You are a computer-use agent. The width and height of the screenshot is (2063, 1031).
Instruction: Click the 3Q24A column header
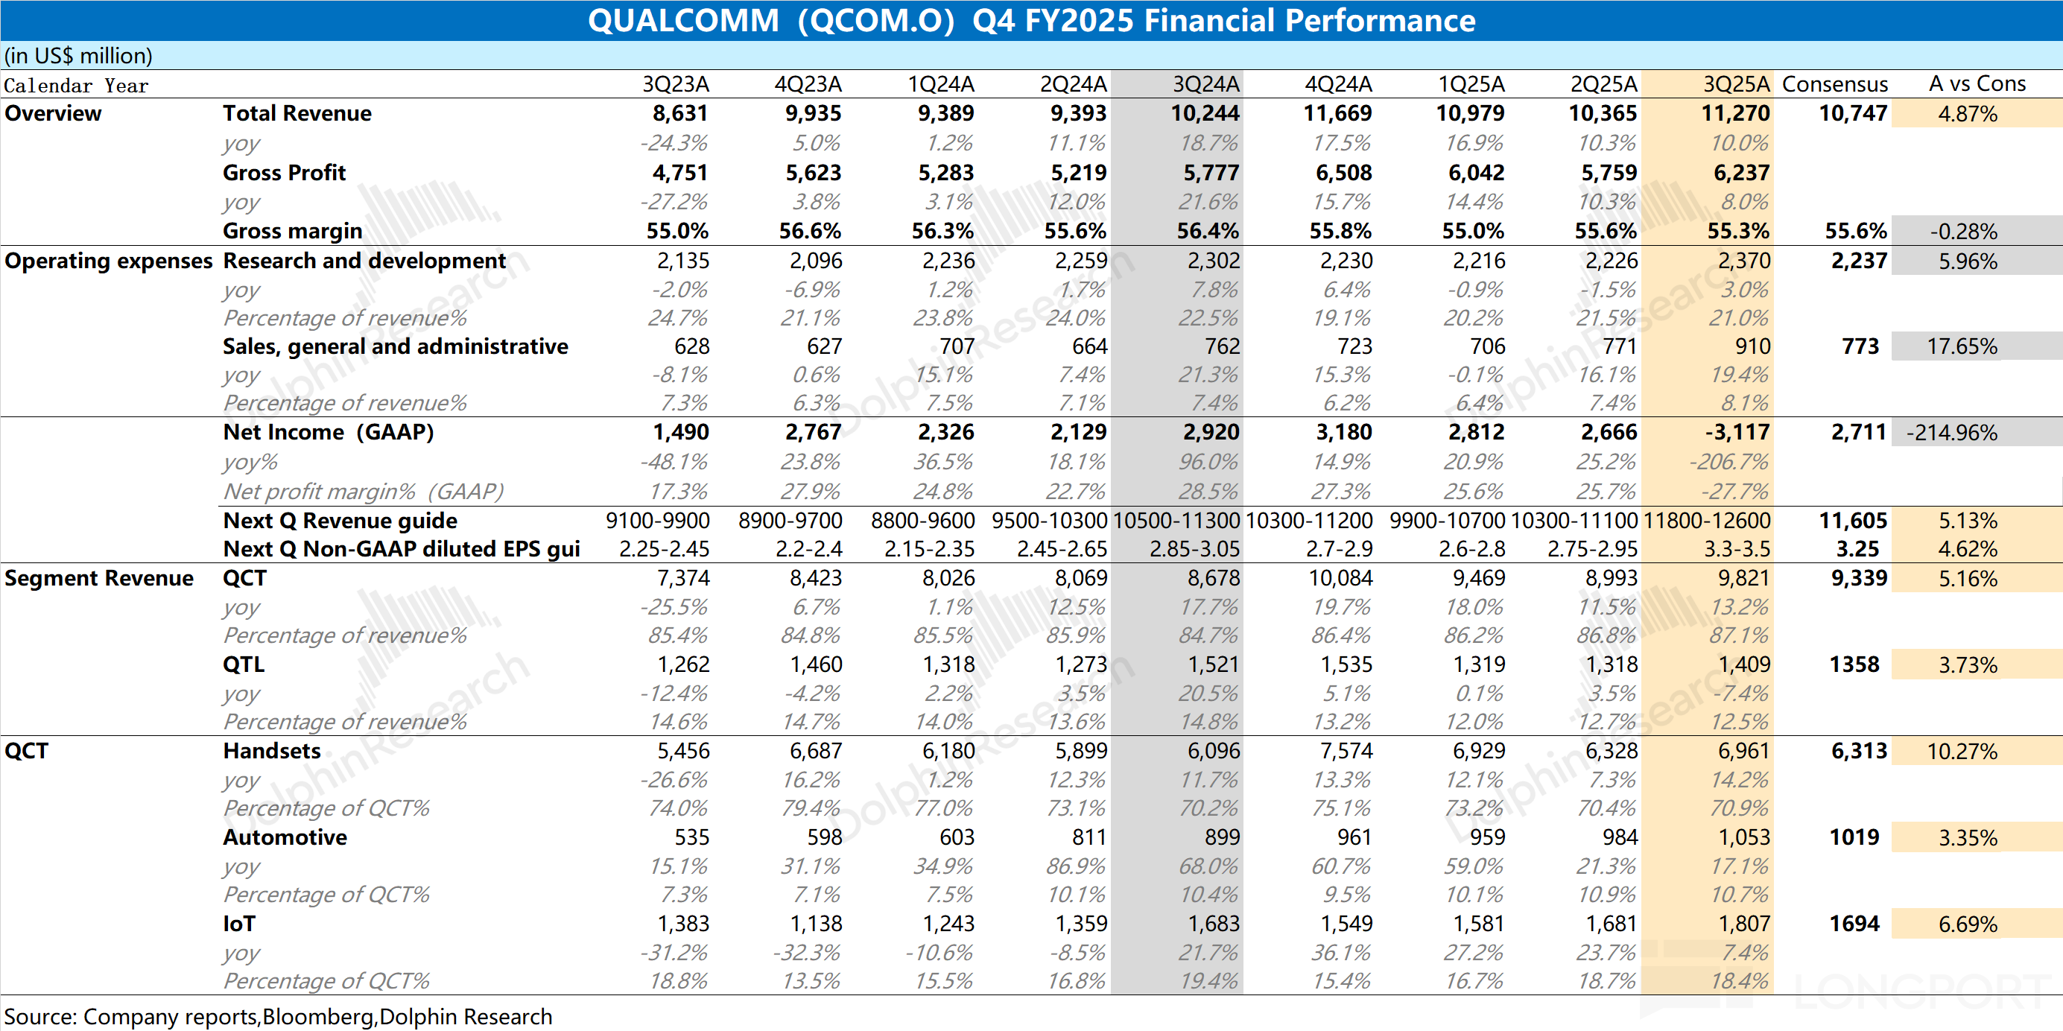(1205, 84)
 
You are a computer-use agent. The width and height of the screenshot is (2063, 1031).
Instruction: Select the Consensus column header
(1834, 84)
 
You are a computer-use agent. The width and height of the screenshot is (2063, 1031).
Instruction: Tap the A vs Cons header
(1977, 84)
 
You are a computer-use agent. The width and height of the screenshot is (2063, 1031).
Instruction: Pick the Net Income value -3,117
(1736, 432)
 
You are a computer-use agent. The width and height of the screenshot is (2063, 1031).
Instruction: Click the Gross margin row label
(292, 232)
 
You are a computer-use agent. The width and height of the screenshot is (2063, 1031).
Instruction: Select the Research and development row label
(364, 261)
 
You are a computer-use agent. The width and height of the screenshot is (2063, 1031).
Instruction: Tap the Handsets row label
(271, 751)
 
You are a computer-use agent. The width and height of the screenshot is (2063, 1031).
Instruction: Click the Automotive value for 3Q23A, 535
(691, 837)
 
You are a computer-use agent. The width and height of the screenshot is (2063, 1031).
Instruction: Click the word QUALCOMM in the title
(683, 21)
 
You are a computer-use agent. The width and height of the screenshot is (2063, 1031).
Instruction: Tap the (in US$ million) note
(78, 56)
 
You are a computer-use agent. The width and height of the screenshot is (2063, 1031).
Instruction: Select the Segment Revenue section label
(98, 578)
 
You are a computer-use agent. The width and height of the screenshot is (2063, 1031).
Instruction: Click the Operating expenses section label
(108, 261)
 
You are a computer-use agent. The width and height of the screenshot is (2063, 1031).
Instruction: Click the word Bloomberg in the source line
(318, 1017)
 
